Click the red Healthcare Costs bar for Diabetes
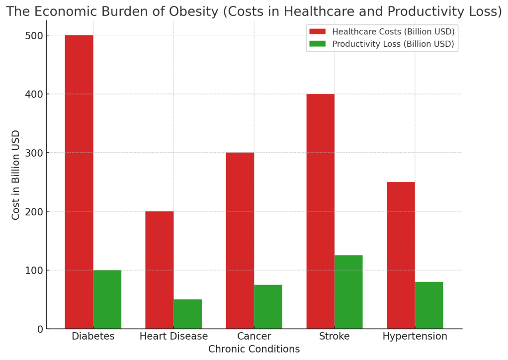79,182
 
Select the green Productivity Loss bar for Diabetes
107,299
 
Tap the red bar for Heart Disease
160,270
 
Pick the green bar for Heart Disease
187,314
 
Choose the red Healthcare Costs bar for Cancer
240,241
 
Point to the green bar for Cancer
268,307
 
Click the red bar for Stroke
321,211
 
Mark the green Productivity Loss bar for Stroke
348,292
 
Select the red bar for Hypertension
401,256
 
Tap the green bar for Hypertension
429,305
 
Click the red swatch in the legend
318,31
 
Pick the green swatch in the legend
318,44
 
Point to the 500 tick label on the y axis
34,36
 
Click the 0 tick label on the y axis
40,329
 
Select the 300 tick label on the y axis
34,153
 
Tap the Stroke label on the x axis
335,336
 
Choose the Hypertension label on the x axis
415,337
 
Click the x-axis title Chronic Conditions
254,349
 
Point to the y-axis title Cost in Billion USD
15,175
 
